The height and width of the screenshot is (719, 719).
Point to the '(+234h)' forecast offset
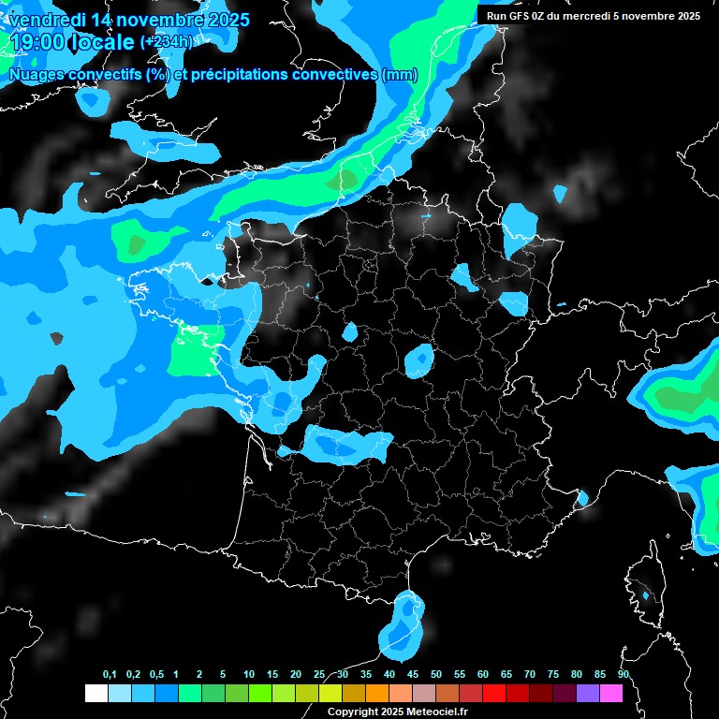pos(166,42)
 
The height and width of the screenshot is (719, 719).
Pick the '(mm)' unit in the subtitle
pos(400,75)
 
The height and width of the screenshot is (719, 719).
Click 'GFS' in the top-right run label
pos(517,16)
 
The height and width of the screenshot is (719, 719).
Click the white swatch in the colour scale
pos(95,694)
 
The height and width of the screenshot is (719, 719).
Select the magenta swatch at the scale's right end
pos(610,694)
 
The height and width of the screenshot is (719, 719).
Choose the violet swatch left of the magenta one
pos(587,694)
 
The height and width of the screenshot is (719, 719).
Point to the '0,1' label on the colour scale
pos(110,675)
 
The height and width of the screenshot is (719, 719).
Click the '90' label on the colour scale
pos(624,675)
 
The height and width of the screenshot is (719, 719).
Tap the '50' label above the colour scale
pos(436,675)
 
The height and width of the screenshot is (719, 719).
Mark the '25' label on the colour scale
pos(319,675)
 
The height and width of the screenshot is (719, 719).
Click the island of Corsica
pos(642,585)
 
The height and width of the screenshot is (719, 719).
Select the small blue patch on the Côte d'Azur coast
pos(582,497)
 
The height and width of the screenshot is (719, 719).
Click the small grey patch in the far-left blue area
pos(57,338)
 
